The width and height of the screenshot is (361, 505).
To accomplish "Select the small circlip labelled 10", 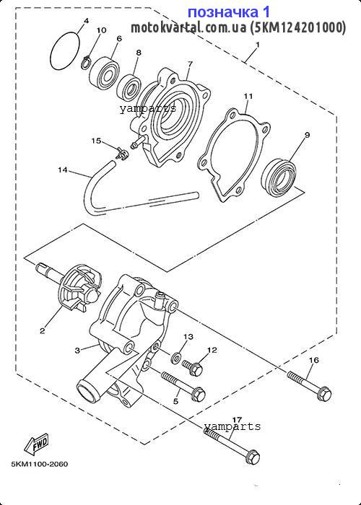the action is click(x=86, y=61).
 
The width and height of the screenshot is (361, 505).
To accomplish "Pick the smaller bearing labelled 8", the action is click(x=129, y=87).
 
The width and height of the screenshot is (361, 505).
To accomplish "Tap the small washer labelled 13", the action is click(x=176, y=357).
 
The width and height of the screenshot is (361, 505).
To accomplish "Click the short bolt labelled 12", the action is click(x=193, y=368).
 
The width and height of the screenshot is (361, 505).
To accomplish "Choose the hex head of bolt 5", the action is click(x=199, y=395).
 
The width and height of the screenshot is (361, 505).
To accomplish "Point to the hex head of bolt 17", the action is click(x=252, y=457).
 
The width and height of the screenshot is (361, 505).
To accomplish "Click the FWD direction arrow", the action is click(x=37, y=444).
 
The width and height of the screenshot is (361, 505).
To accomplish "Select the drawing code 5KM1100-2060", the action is click(x=40, y=464).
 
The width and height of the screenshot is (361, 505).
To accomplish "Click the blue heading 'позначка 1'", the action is click(x=229, y=12).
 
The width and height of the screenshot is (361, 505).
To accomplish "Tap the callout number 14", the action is click(x=63, y=170).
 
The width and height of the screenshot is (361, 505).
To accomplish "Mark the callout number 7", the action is click(x=189, y=64).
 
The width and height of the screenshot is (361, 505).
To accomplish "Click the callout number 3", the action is click(x=77, y=351).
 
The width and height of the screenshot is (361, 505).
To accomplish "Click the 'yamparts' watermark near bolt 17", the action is click(x=232, y=427).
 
